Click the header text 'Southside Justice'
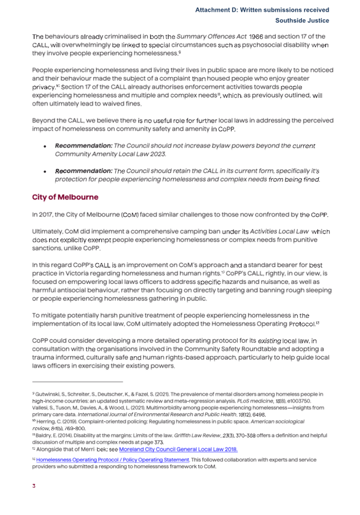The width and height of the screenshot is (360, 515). tap(302, 21)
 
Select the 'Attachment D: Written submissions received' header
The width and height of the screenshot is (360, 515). tap(262, 10)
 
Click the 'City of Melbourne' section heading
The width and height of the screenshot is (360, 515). tap(65, 197)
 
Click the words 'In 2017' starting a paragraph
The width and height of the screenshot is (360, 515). tap(43, 215)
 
